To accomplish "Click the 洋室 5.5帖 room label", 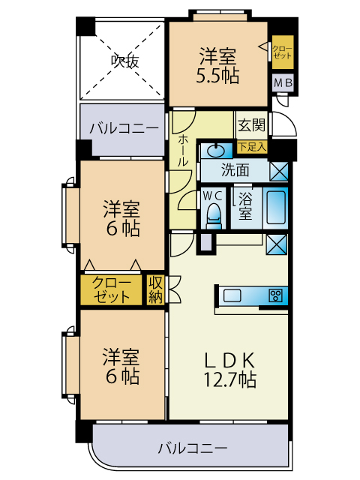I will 218,66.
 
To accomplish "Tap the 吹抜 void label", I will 124,61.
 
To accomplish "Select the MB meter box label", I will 283,84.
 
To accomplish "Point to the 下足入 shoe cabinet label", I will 252,147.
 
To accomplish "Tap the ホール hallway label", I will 183,149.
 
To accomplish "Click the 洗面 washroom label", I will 235,170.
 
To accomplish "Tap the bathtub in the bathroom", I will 276,208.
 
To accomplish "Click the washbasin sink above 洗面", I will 215,149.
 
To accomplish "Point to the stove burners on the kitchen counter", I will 275,295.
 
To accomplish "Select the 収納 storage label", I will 155,289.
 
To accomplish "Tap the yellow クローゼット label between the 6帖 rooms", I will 111,289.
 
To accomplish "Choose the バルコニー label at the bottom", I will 192,448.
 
